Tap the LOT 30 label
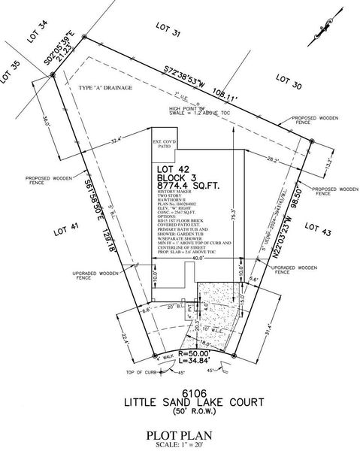click(x=287, y=81)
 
